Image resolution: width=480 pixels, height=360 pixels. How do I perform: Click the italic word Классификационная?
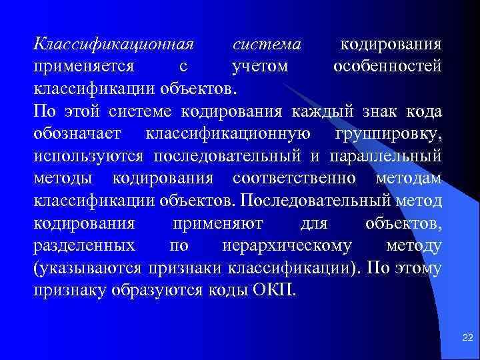[x=113, y=46]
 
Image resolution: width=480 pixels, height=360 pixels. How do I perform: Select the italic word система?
[x=267, y=46]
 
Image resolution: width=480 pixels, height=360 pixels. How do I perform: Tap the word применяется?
[x=84, y=67]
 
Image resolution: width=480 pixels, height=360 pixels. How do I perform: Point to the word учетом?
[x=259, y=67]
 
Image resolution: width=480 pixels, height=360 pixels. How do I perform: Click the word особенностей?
[x=387, y=67]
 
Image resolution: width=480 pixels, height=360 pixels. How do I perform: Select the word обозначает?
[x=77, y=133]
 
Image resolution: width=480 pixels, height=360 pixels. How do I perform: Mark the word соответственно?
[x=294, y=177]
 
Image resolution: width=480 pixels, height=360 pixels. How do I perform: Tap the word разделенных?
[x=84, y=245]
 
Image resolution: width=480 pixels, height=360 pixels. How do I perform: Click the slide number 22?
[x=466, y=339]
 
